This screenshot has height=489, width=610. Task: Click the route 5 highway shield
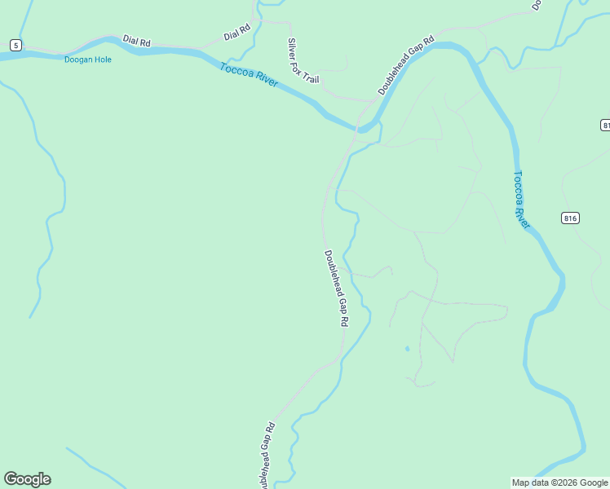15,44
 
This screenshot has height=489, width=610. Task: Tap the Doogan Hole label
88,59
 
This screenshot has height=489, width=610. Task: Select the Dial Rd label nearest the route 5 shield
137,40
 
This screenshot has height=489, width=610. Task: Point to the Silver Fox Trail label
303,60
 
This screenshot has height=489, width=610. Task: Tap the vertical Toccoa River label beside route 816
522,200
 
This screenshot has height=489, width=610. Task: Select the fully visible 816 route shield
570,218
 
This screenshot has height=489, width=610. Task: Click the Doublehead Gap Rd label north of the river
406,64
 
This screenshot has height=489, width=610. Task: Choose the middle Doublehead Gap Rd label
336,289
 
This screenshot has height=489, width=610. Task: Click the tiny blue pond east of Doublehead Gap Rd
407,350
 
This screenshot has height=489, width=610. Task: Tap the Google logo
27,479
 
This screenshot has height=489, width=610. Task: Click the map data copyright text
559,482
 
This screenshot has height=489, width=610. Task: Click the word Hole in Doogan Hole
101,59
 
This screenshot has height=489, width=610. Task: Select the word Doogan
78,59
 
